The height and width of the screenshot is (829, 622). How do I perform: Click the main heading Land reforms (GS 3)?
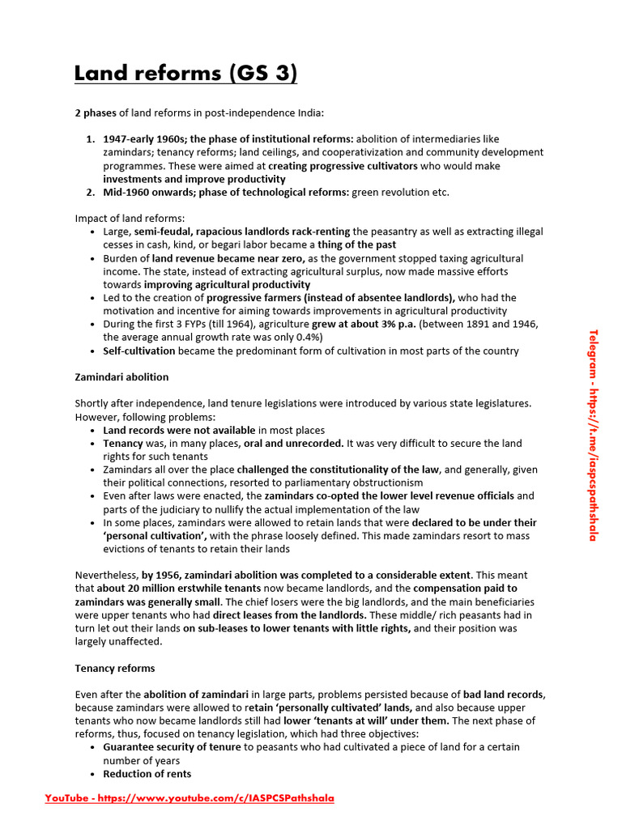click(185, 74)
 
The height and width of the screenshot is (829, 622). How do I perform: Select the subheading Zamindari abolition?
click(121, 377)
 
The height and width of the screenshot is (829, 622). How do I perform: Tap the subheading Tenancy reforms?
click(115, 668)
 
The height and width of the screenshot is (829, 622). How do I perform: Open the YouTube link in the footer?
click(189, 798)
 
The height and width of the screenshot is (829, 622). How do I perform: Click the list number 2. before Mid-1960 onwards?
click(92, 192)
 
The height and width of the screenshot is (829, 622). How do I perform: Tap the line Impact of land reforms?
click(130, 219)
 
